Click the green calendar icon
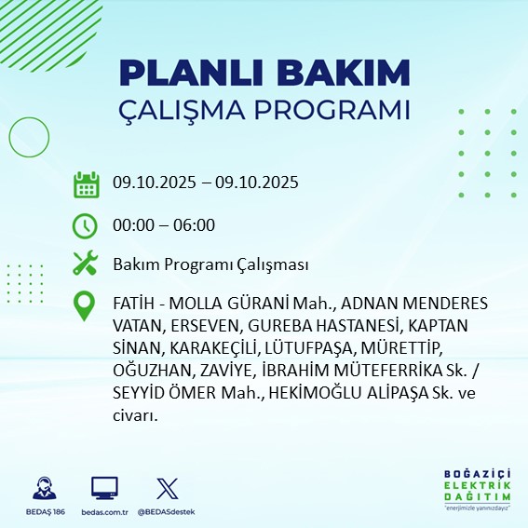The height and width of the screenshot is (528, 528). pos(86,183)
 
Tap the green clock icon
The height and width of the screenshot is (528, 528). pos(86,224)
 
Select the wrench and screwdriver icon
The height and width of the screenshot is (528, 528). pos(86,264)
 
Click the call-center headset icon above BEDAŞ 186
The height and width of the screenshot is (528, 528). pos(44,488)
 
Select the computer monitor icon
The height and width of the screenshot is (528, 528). pos(104,488)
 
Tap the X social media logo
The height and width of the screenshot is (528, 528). pos(165,488)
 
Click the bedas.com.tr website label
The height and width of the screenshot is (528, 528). pos(104,512)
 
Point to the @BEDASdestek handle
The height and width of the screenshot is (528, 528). pos(167,512)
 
